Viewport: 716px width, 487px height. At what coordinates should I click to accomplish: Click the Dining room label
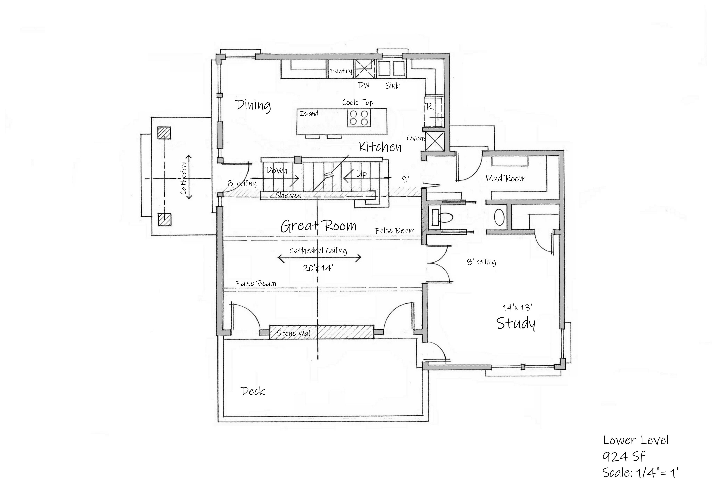click(x=253, y=105)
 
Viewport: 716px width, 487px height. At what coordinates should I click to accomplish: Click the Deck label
click(x=253, y=391)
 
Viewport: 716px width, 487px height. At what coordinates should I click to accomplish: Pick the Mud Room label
click(x=505, y=178)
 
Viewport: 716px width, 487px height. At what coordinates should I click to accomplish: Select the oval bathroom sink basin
click(x=499, y=217)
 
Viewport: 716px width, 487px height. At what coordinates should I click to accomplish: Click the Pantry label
click(x=341, y=71)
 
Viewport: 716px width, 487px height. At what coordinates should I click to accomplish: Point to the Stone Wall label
click(x=294, y=333)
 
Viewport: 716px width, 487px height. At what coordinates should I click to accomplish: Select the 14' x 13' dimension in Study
click(x=517, y=307)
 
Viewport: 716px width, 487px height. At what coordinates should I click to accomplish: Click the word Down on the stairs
click(x=276, y=170)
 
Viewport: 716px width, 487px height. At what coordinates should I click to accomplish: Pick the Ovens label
click(x=416, y=138)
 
